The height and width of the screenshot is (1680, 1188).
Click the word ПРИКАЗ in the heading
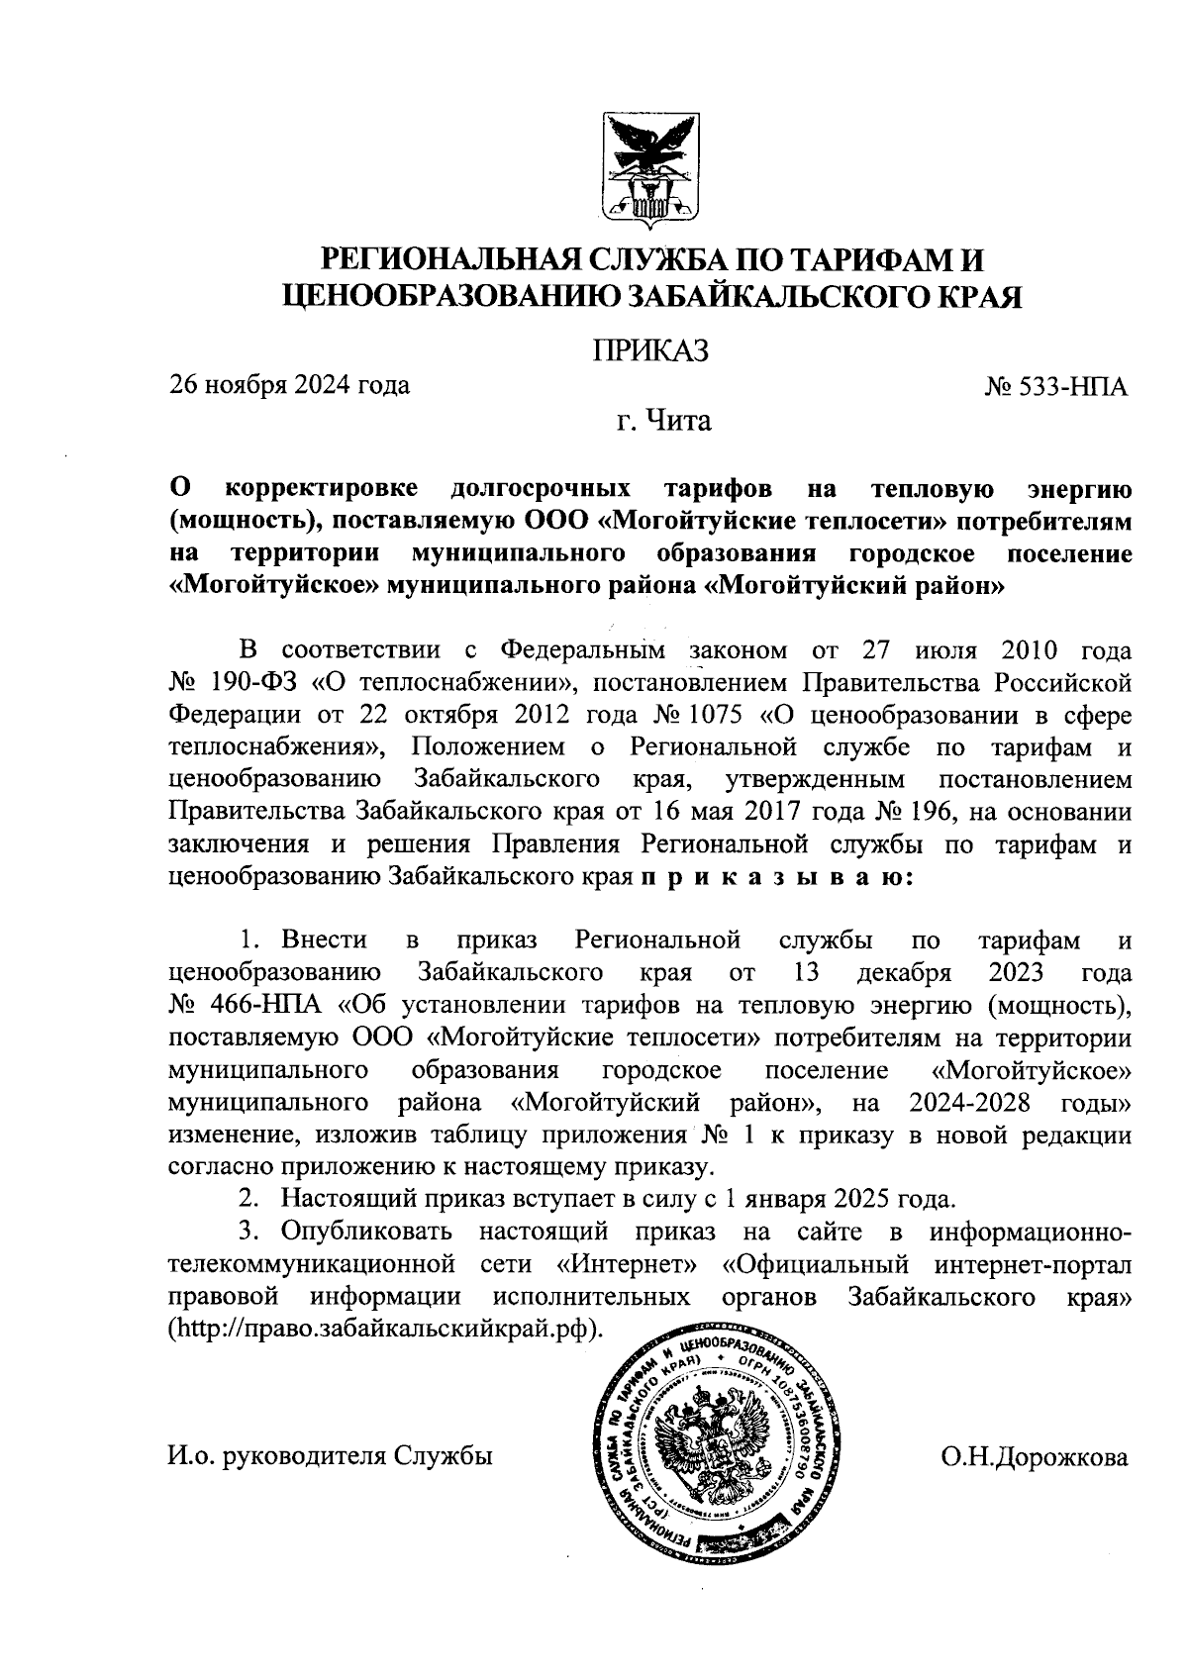[x=650, y=350]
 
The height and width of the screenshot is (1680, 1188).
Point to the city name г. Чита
[x=660, y=422]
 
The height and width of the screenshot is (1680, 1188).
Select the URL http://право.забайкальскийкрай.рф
[x=385, y=1328]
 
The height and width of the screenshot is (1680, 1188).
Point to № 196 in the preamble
[x=917, y=812]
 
